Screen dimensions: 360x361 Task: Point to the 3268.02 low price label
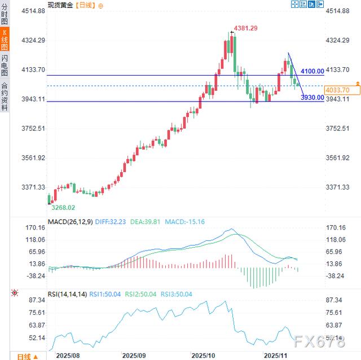tap(63, 208)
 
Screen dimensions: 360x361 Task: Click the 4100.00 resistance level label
tap(312, 72)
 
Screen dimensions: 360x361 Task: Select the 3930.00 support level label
tap(312, 98)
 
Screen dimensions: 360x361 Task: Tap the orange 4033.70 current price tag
tap(338, 90)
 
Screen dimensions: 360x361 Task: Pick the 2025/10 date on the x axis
tap(203, 355)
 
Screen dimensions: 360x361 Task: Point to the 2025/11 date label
tap(276, 355)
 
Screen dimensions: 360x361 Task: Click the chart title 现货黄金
tap(59, 5)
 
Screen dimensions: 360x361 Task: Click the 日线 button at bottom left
tap(24, 356)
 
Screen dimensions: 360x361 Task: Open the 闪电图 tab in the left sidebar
tap(5, 65)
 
